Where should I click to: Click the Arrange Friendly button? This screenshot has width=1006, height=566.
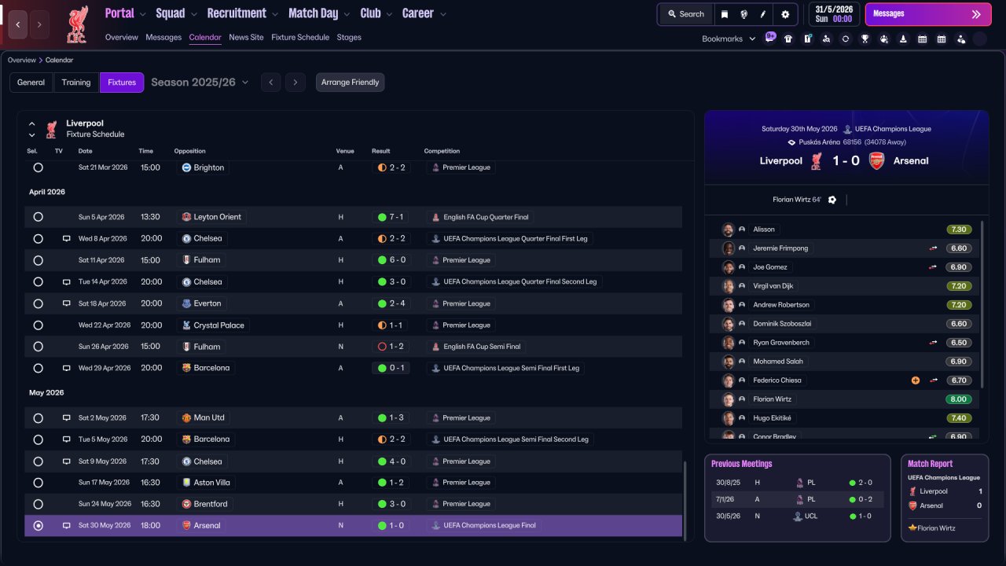coord(350,83)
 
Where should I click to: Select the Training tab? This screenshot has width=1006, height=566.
coord(76,83)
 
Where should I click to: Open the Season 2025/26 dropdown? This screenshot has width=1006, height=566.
coord(200,83)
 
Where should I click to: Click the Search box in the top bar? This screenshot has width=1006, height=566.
coord(686,14)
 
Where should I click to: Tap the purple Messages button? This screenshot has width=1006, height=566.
coord(928,14)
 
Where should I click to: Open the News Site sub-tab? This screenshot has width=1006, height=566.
coord(246,37)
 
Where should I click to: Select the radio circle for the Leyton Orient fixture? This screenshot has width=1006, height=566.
coord(39,217)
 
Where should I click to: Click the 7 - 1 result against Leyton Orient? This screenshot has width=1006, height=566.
coord(391,217)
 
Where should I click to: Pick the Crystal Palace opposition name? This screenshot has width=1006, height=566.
coord(218,325)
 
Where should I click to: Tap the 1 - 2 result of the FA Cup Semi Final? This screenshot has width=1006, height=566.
coord(391,347)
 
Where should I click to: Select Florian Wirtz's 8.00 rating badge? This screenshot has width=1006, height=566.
coord(958,399)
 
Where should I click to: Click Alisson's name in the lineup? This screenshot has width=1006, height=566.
coord(763,230)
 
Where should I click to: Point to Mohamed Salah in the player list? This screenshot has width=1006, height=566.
coord(778,362)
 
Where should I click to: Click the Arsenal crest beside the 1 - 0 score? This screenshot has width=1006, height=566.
coord(876,161)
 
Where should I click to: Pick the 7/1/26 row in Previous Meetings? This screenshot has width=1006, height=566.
coord(798,499)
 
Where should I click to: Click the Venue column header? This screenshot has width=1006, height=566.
coord(345,151)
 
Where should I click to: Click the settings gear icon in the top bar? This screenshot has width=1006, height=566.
coord(785,14)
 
